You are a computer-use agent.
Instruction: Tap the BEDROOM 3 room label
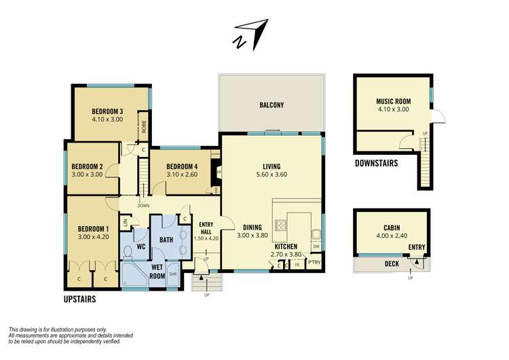107,112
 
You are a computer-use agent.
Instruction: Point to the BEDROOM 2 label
88,166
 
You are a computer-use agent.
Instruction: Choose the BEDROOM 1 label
93,228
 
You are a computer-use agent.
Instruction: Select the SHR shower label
172,274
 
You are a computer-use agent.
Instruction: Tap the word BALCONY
271,105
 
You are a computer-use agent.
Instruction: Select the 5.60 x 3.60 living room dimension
271,175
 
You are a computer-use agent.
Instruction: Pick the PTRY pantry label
314,262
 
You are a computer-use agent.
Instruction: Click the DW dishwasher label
316,246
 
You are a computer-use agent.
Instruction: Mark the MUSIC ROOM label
393,101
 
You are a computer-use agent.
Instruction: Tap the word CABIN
392,228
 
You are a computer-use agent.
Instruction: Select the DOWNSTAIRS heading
376,164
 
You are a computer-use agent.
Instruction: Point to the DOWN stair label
143,204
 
